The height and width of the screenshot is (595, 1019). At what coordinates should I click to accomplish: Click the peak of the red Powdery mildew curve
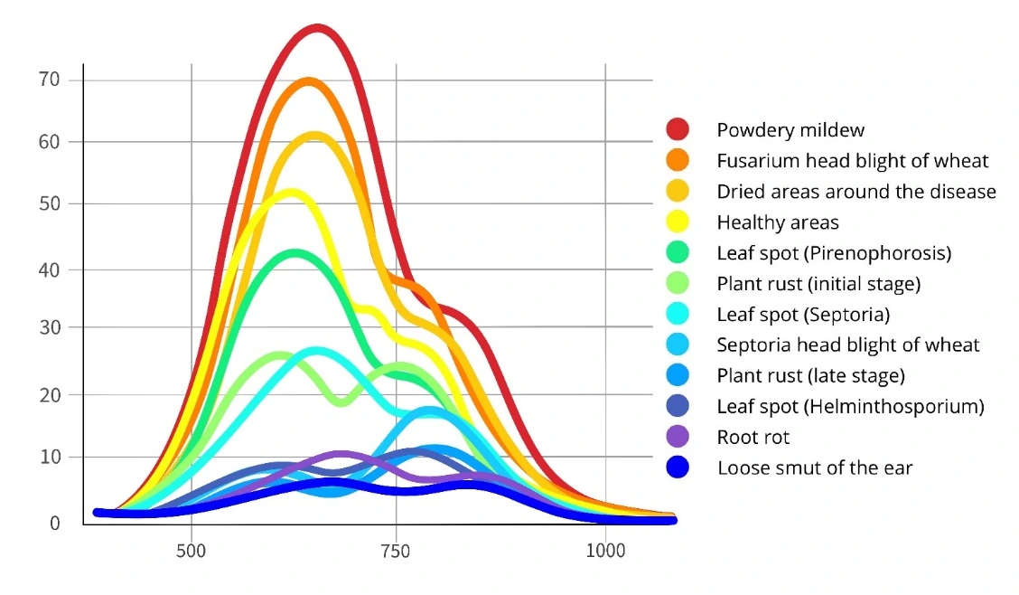[317, 29]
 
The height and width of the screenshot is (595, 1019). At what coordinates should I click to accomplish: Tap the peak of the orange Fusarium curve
[308, 82]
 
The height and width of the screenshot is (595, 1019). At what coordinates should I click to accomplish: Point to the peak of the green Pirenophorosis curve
[295, 253]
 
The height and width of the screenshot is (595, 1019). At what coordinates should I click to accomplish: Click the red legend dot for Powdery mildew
[678, 128]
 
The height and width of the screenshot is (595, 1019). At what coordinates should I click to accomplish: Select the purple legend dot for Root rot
[678, 437]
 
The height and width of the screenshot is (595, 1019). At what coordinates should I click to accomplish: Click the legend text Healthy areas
[777, 222]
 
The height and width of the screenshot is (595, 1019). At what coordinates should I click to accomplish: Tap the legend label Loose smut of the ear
[815, 467]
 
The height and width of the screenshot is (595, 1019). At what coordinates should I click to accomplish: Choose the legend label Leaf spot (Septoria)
[803, 315]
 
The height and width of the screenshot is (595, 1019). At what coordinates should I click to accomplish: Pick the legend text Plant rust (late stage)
[811, 376]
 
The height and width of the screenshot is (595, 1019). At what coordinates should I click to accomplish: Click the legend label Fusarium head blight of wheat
[853, 161]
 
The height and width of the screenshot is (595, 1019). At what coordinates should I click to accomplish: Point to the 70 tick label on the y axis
[50, 80]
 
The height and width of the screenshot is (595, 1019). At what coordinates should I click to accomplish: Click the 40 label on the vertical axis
[50, 269]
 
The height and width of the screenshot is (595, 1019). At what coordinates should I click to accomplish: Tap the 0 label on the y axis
[54, 523]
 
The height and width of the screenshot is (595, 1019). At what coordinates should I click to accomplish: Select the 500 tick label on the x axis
[192, 552]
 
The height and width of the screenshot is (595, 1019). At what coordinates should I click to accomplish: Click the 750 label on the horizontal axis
[396, 552]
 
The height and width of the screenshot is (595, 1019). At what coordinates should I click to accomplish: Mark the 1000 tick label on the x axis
[605, 552]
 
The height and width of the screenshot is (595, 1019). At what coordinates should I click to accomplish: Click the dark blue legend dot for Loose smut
[678, 467]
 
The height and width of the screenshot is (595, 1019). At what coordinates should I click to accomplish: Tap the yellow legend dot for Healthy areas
[678, 222]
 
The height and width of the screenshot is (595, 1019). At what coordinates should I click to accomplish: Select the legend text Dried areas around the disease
[856, 191]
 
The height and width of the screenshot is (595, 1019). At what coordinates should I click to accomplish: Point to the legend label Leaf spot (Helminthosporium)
[851, 406]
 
